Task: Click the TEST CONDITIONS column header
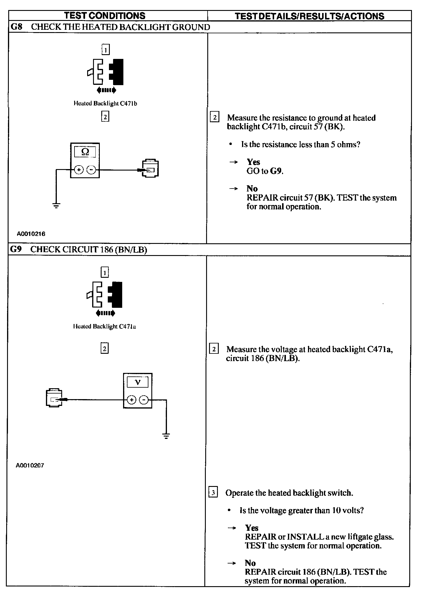coord(105,16)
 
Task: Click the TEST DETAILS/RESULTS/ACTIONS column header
coord(309,16)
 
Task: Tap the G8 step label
coord(16,27)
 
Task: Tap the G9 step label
coord(16,249)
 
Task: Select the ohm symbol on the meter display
coord(85,152)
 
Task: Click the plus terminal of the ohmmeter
coord(79,170)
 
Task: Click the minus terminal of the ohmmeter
coord(91,170)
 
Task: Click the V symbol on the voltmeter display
coord(138,382)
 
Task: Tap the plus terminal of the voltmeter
coord(131,400)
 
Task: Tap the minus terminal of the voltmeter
coord(144,400)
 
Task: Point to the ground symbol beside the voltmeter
coord(166,436)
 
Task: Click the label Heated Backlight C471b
coord(105,103)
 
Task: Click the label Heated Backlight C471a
coord(104,326)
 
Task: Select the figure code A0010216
coord(31,234)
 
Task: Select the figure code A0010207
coord(30,465)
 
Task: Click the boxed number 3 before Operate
coord(213,492)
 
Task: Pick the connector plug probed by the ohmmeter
coord(150,168)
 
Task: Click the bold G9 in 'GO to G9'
coord(276,171)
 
